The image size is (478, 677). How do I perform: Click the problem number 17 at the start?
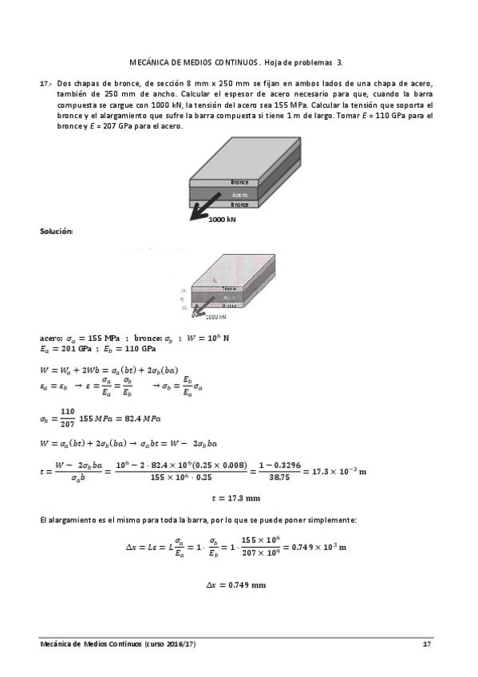[45, 83]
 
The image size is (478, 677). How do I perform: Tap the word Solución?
[56, 231]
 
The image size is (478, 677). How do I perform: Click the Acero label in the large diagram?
[239, 194]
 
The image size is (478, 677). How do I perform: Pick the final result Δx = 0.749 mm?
[235, 584]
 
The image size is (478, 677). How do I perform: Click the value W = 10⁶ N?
[207, 338]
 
